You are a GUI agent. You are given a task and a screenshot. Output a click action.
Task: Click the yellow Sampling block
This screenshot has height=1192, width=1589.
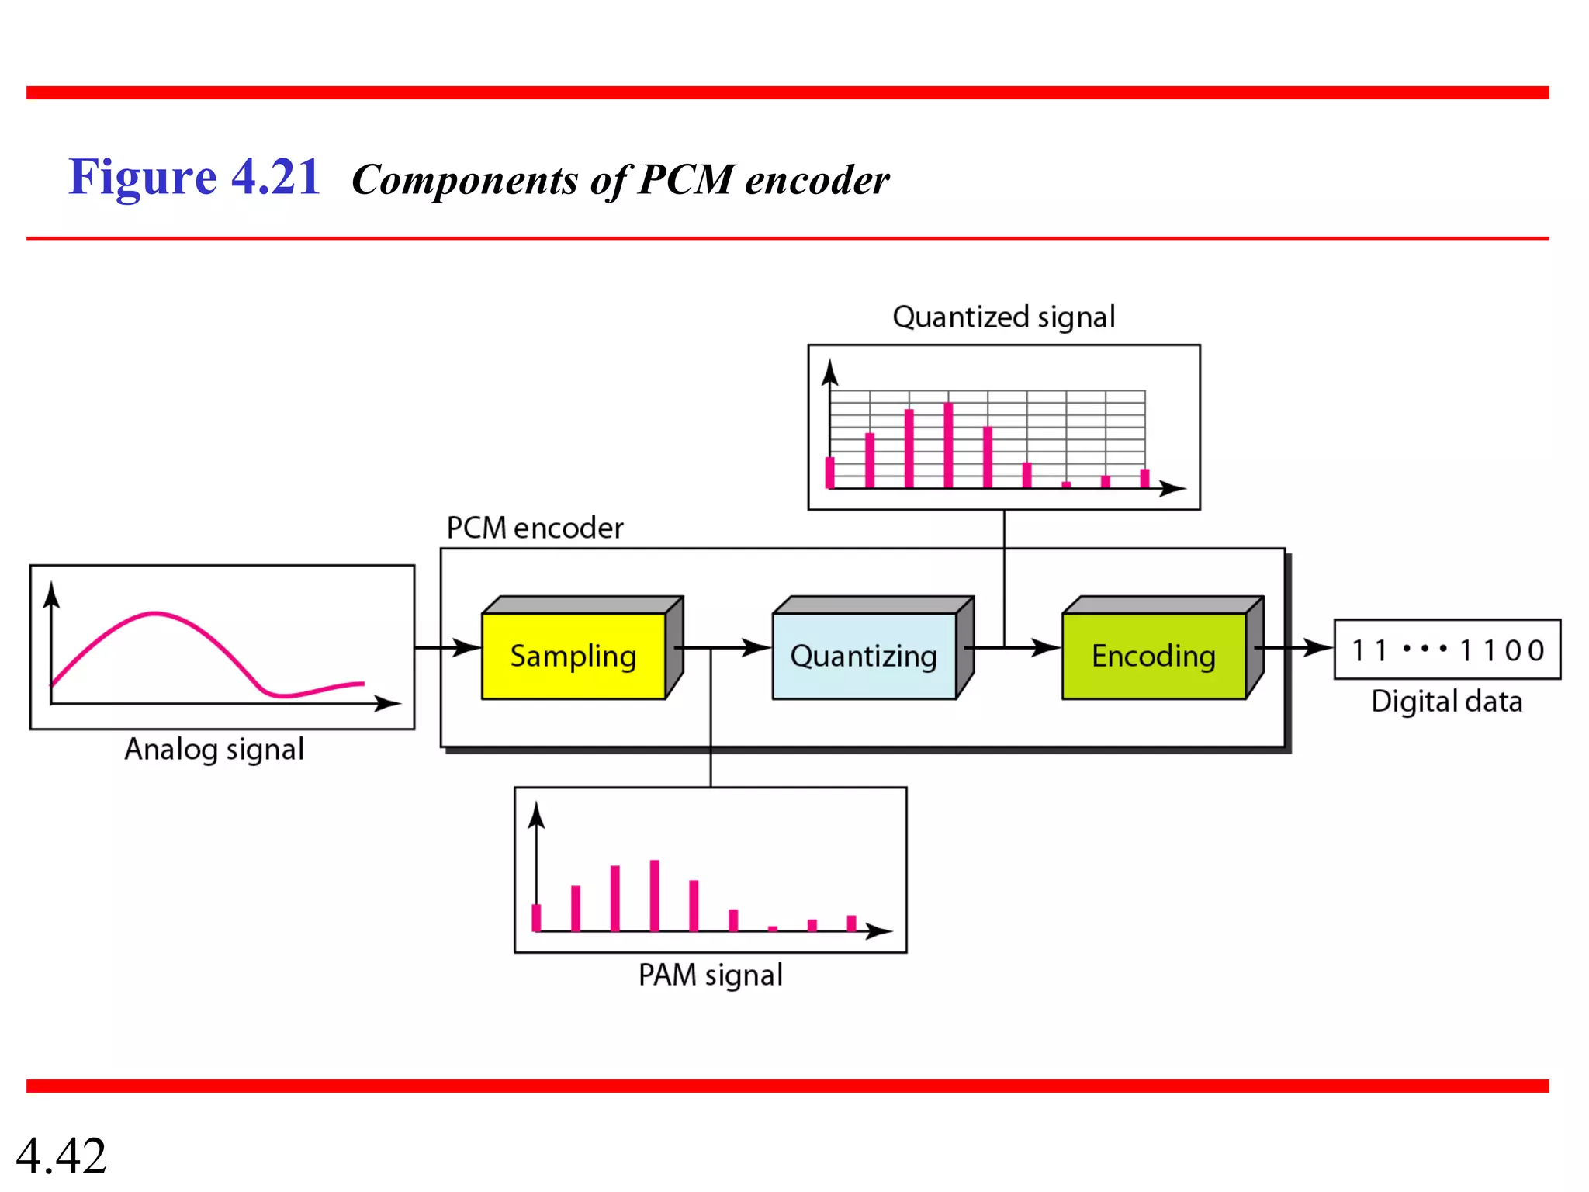click(573, 656)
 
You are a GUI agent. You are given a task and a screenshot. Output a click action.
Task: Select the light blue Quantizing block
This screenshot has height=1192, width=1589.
click(864, 656)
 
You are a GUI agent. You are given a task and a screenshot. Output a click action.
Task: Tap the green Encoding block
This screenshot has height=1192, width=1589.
click(1154, 656)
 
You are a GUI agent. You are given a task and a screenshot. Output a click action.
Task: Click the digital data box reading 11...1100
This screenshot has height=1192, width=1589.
click(1447, 650)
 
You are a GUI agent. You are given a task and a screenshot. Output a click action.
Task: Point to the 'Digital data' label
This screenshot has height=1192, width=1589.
click(1446, 702)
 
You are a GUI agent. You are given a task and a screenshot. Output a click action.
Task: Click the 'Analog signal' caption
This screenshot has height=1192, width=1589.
click(214, 750)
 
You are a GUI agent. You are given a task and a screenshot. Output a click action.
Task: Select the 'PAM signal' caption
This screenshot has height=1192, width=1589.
click(710, 975)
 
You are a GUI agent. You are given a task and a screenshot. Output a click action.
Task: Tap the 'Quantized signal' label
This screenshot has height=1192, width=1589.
click(1003, 317)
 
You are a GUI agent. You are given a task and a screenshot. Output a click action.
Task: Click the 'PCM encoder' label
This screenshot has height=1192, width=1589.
click(535, 528)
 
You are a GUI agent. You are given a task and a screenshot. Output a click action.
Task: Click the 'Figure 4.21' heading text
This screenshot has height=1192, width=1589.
click(194, 177)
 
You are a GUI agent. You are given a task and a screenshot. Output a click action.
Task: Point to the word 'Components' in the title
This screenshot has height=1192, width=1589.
click(465, 180)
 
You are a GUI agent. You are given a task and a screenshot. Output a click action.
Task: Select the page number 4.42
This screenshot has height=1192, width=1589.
click(61, 1156)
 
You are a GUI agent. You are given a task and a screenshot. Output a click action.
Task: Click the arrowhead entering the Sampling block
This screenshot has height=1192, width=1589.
click(469, 647)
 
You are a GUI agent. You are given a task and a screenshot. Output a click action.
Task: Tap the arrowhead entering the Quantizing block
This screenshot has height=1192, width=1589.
click(758, 647)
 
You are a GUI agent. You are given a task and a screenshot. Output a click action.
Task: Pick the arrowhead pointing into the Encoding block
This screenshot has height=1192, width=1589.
click(1048, 647)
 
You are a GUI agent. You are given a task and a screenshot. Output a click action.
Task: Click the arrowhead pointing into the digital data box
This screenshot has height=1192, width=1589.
click(1320, 647)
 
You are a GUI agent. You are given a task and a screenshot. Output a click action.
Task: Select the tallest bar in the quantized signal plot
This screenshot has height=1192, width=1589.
click(948, 445)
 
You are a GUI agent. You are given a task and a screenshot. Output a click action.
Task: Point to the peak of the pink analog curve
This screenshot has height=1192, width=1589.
click(155, 614)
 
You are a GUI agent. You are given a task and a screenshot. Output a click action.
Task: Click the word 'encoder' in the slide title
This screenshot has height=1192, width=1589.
click(816, 180)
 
